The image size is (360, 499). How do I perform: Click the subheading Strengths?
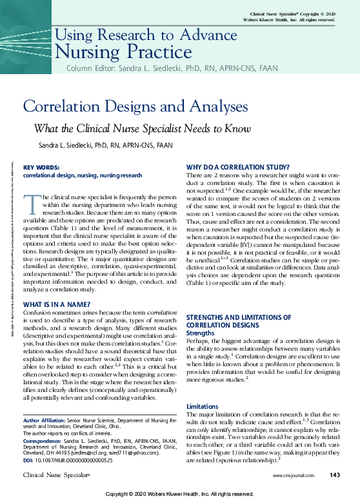(x=200, y=333)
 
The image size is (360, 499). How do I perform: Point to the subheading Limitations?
(x=203, y=406)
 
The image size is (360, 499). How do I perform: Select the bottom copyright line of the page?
(x=179, y=493)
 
